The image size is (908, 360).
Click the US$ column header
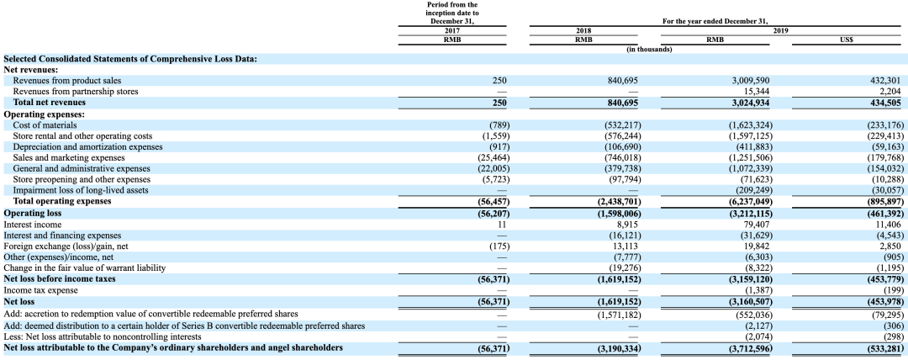point(847,39)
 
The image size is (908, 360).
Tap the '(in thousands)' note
point(650,49)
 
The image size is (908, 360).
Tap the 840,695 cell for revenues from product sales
point(620,80)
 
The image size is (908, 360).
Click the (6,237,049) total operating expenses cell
point(742,202)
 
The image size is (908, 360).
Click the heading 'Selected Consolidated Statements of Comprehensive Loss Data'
point(130,59)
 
